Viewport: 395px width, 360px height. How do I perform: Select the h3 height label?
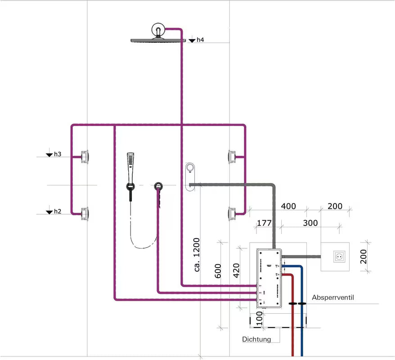pos(58,154)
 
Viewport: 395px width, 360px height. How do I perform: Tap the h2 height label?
pos(58,211)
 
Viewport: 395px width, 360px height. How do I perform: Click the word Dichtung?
pos(256,339)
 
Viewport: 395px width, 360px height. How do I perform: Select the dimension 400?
pos(288,206)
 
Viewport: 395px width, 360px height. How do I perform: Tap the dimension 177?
pos(264,223)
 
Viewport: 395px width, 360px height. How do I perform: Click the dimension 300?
pos(310,223)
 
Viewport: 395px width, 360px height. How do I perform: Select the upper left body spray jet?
pos(84,157)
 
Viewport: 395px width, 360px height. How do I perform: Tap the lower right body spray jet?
pos(232,213)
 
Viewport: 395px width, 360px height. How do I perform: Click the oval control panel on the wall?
pos(190,176)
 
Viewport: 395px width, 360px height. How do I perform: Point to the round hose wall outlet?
pos(158,186)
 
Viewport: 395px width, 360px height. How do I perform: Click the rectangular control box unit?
pos(269,278)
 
